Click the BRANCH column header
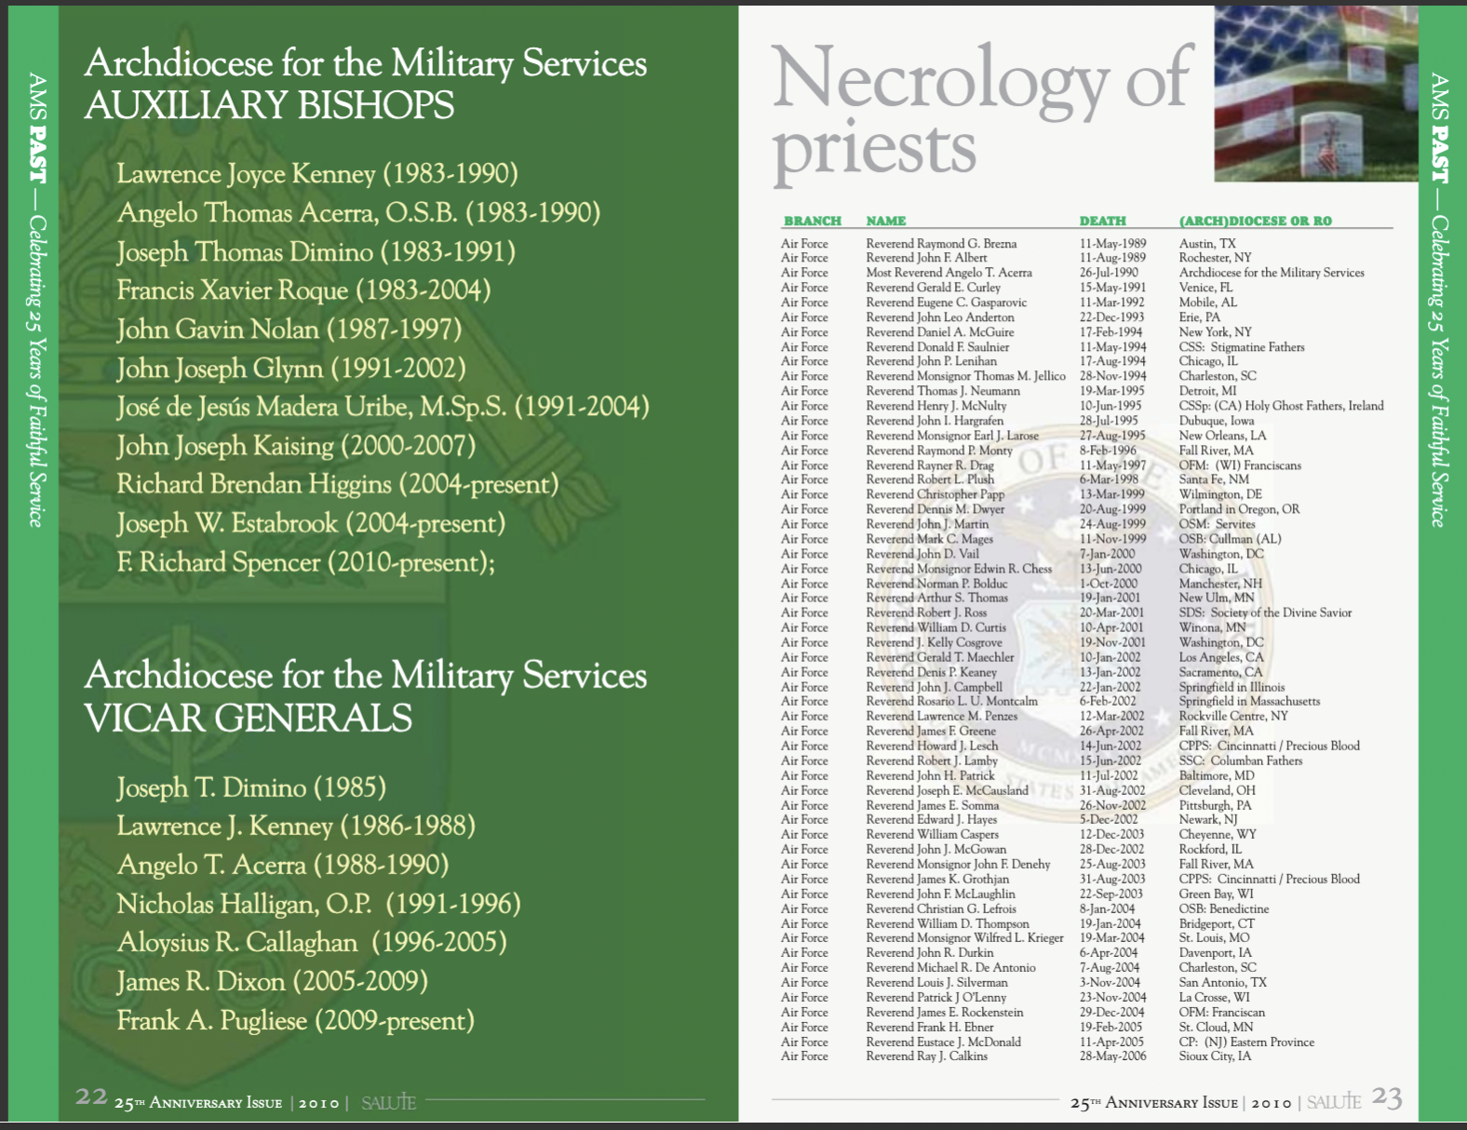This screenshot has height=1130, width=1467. coord(812,221)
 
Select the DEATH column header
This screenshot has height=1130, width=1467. coord(1102,221)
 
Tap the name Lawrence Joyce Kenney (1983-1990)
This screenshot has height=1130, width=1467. coord(316,174)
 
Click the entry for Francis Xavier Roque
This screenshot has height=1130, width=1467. coord(303,290)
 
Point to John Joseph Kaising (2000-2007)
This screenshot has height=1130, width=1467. coord(296,446)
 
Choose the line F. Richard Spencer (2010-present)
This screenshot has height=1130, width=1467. coord(305,562)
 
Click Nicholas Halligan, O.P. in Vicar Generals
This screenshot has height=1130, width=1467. coord(318,904)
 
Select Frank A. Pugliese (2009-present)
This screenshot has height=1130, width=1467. coord(295,1021)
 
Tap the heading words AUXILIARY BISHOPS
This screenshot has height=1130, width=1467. coord(269,105)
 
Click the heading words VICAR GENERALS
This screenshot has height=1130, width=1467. coord(248,718)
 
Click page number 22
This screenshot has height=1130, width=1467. coord(91,1096)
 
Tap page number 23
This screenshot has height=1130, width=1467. coord(1387,1098)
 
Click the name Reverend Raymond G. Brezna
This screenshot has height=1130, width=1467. coord(941,244)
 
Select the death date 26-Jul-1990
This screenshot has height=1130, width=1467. coord(1109,273)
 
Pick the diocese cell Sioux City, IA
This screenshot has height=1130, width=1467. coord(1215,1056)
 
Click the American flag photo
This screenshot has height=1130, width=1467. coord(1315,93)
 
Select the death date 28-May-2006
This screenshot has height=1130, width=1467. coord(1112,1056)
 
